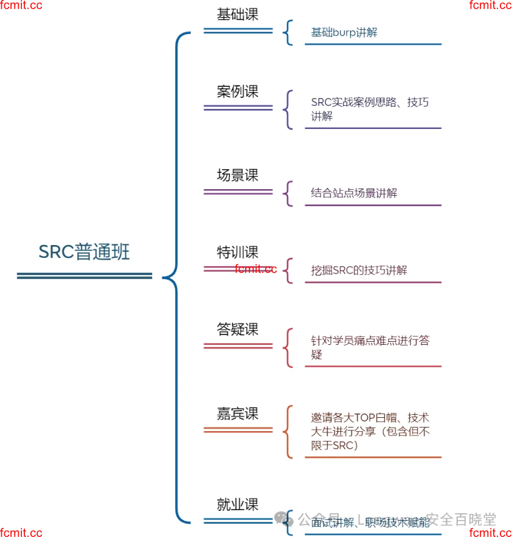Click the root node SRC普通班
(84, 252)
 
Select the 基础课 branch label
(238, 15)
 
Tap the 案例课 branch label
(238, 91)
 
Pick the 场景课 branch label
(238, 175)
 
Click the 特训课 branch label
(238, 252)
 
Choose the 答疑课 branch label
(238, 329)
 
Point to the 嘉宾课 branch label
(238, 414)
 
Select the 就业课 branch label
(238, 504)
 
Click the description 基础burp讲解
(344, 32)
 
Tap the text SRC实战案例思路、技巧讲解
(370, 109)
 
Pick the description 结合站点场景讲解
(354, 193)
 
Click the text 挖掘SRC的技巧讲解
(359, 271)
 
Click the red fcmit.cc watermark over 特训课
(256, 269)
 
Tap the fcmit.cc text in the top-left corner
(21, 5)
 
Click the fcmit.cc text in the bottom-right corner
(490, 533)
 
